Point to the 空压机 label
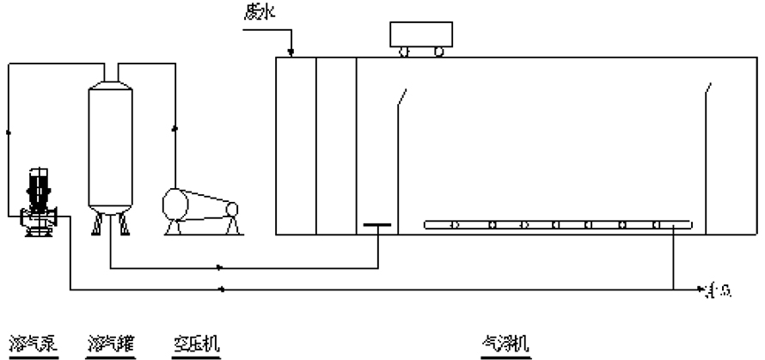coord(193,343)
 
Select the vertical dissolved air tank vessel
coord(113,146)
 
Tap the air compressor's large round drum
coord(181,205)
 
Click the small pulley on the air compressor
coord(232,209)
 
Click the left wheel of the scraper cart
coord(404,52)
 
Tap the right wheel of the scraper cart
coord(439,52)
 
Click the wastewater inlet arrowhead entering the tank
coord(292,52)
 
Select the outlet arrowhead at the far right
coord(703,290)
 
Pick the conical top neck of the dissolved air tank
coord(113,78)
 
